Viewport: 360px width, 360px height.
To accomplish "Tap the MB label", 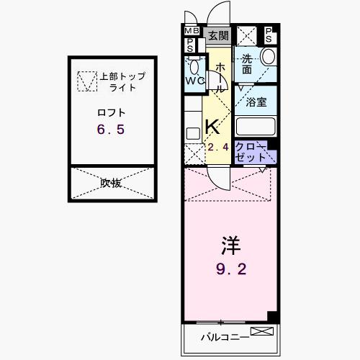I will (x=191, y=32).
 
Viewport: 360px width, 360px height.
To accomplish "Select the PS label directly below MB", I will (x=191, y=45).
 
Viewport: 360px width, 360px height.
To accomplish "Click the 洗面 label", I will (x=246, y=64).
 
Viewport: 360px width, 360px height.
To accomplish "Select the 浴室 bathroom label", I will (x=256, y=102).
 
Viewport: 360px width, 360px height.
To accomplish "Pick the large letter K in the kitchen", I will (x=212, y=127).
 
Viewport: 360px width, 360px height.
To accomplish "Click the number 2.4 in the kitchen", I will (x=217, y=148).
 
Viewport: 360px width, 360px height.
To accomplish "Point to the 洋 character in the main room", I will (x=230, y=246).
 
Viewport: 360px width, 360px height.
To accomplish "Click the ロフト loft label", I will (x=112, y=112).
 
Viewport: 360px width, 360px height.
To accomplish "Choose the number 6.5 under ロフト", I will (x=112, y=130).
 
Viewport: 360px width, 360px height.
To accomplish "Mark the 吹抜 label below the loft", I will (x=111, y=183).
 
